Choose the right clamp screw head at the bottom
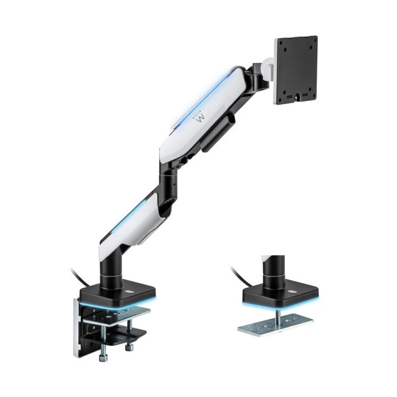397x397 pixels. tap(129, 347)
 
